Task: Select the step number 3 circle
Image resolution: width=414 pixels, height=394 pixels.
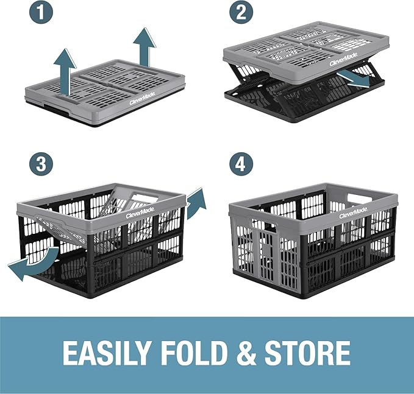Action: pos(41,163)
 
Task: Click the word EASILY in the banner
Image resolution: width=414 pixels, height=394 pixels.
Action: pos(107,353)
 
